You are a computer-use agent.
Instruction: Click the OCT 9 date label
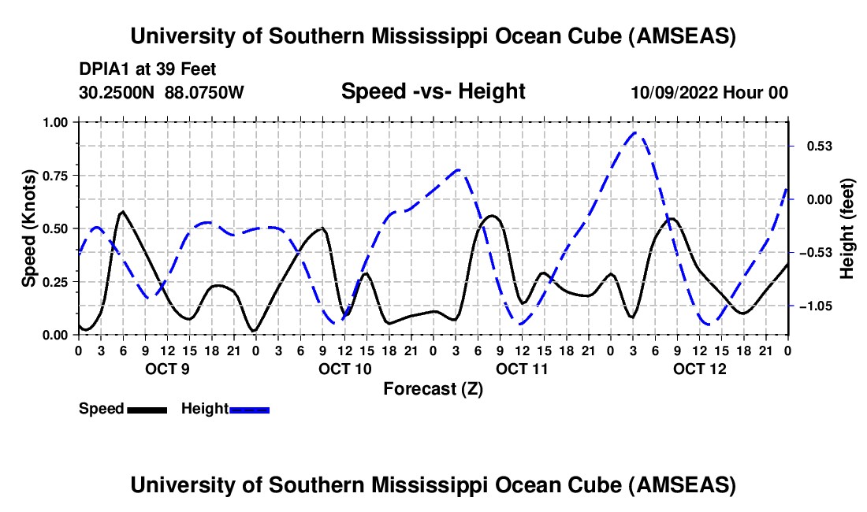166,368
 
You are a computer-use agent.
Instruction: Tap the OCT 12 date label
699,368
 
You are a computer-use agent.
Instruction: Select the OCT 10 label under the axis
344,368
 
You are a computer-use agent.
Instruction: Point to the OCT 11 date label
522,368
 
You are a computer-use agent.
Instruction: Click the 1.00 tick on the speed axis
56,122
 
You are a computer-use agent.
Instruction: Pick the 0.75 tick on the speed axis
56,176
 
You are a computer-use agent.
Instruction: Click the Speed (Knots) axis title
29,228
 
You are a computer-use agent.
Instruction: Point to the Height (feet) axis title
847,228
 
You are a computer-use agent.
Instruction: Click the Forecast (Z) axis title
433,388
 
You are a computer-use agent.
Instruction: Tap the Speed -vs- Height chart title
433,91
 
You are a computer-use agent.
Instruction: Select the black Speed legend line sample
147,410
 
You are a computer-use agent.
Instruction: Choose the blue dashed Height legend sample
250,410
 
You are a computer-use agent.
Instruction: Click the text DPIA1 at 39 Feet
147,70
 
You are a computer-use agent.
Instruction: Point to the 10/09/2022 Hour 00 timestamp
709,93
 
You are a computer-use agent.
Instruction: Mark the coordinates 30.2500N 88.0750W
162,93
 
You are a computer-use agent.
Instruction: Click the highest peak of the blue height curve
636,132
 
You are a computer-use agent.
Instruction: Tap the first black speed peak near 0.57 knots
122,211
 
